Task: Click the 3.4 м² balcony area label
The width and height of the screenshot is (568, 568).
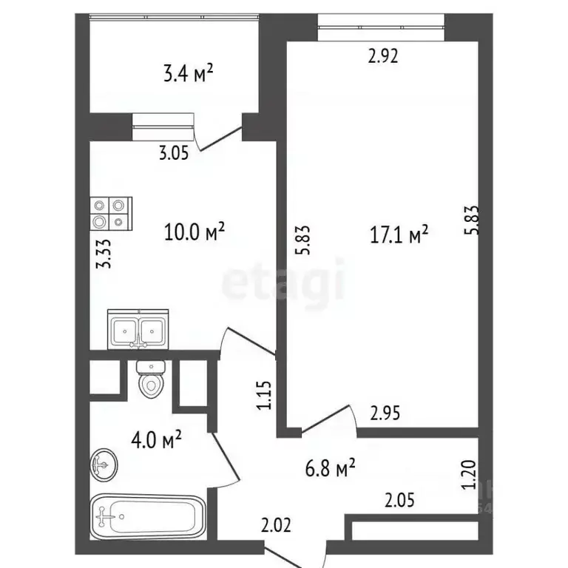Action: [188, 73]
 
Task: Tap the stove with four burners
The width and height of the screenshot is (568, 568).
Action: [111, 212]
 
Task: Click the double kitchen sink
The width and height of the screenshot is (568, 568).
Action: [139, 329]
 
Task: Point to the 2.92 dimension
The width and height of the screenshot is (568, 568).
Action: [383, 55]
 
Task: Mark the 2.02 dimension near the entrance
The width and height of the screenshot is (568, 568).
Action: [276, 526]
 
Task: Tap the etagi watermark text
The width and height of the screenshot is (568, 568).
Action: [284, 281]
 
